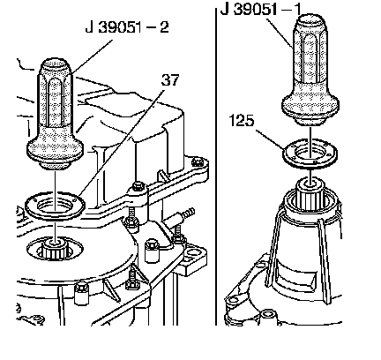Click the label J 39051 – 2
pyautogui.click(x=127, y=27)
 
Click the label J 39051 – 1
pyautogui.click(x=261, y=9)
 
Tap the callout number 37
pyautogui.click(x=170, y=79)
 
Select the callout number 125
pyautogui.click(x=241, y=120)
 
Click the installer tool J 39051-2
pyautogui.click(x=56, y=114)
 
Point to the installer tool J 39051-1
pyautogui.click(x=310, y=70)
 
